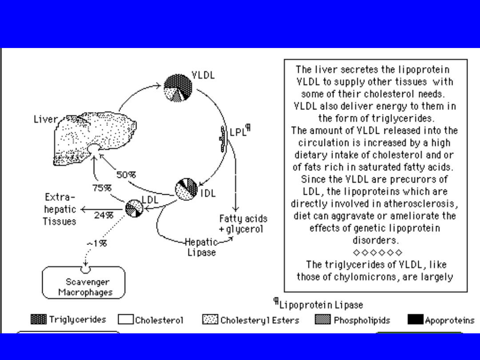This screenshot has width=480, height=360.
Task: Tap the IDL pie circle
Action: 186,189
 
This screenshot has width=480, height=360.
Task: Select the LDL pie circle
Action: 134,208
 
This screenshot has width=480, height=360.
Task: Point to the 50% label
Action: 126,175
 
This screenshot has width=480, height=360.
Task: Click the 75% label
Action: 102,188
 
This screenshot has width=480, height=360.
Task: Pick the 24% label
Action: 103,215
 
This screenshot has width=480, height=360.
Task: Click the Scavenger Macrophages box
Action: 84,283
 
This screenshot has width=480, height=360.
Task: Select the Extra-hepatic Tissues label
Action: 60,209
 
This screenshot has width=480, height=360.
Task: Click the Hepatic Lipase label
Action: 200,247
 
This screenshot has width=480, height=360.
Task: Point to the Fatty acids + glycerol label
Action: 243,224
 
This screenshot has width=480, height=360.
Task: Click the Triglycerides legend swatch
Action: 39,320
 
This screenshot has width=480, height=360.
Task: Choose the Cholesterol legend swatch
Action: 125,320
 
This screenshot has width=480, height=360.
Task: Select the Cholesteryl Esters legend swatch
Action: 210,320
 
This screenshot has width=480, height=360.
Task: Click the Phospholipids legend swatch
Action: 323,320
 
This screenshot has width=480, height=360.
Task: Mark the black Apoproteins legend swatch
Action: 415,320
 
